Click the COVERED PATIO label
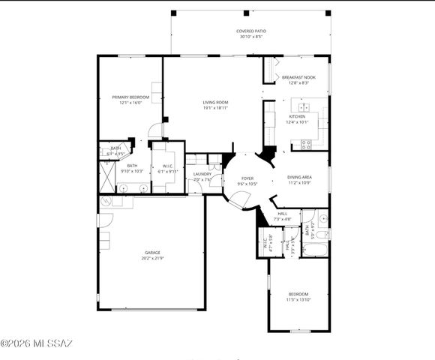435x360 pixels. [x=252, y=31]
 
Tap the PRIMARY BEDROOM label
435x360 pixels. [x=130, y=97]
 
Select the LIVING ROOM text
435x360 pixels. [x=215, y=103]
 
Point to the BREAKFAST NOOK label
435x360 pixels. [x=298, y=77]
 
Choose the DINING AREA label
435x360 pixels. [x=299, y=178]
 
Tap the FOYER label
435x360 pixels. [x=247, y=178]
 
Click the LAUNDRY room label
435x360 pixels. [x=202, y=174]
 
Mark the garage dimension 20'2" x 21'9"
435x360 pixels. [x=152, y=259]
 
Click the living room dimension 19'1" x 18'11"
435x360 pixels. [x=215, y=108]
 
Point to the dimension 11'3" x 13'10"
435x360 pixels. [x=298, y=299]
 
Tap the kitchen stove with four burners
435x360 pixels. [x=306, y=144]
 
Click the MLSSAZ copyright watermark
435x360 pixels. [x=37, y=343]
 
